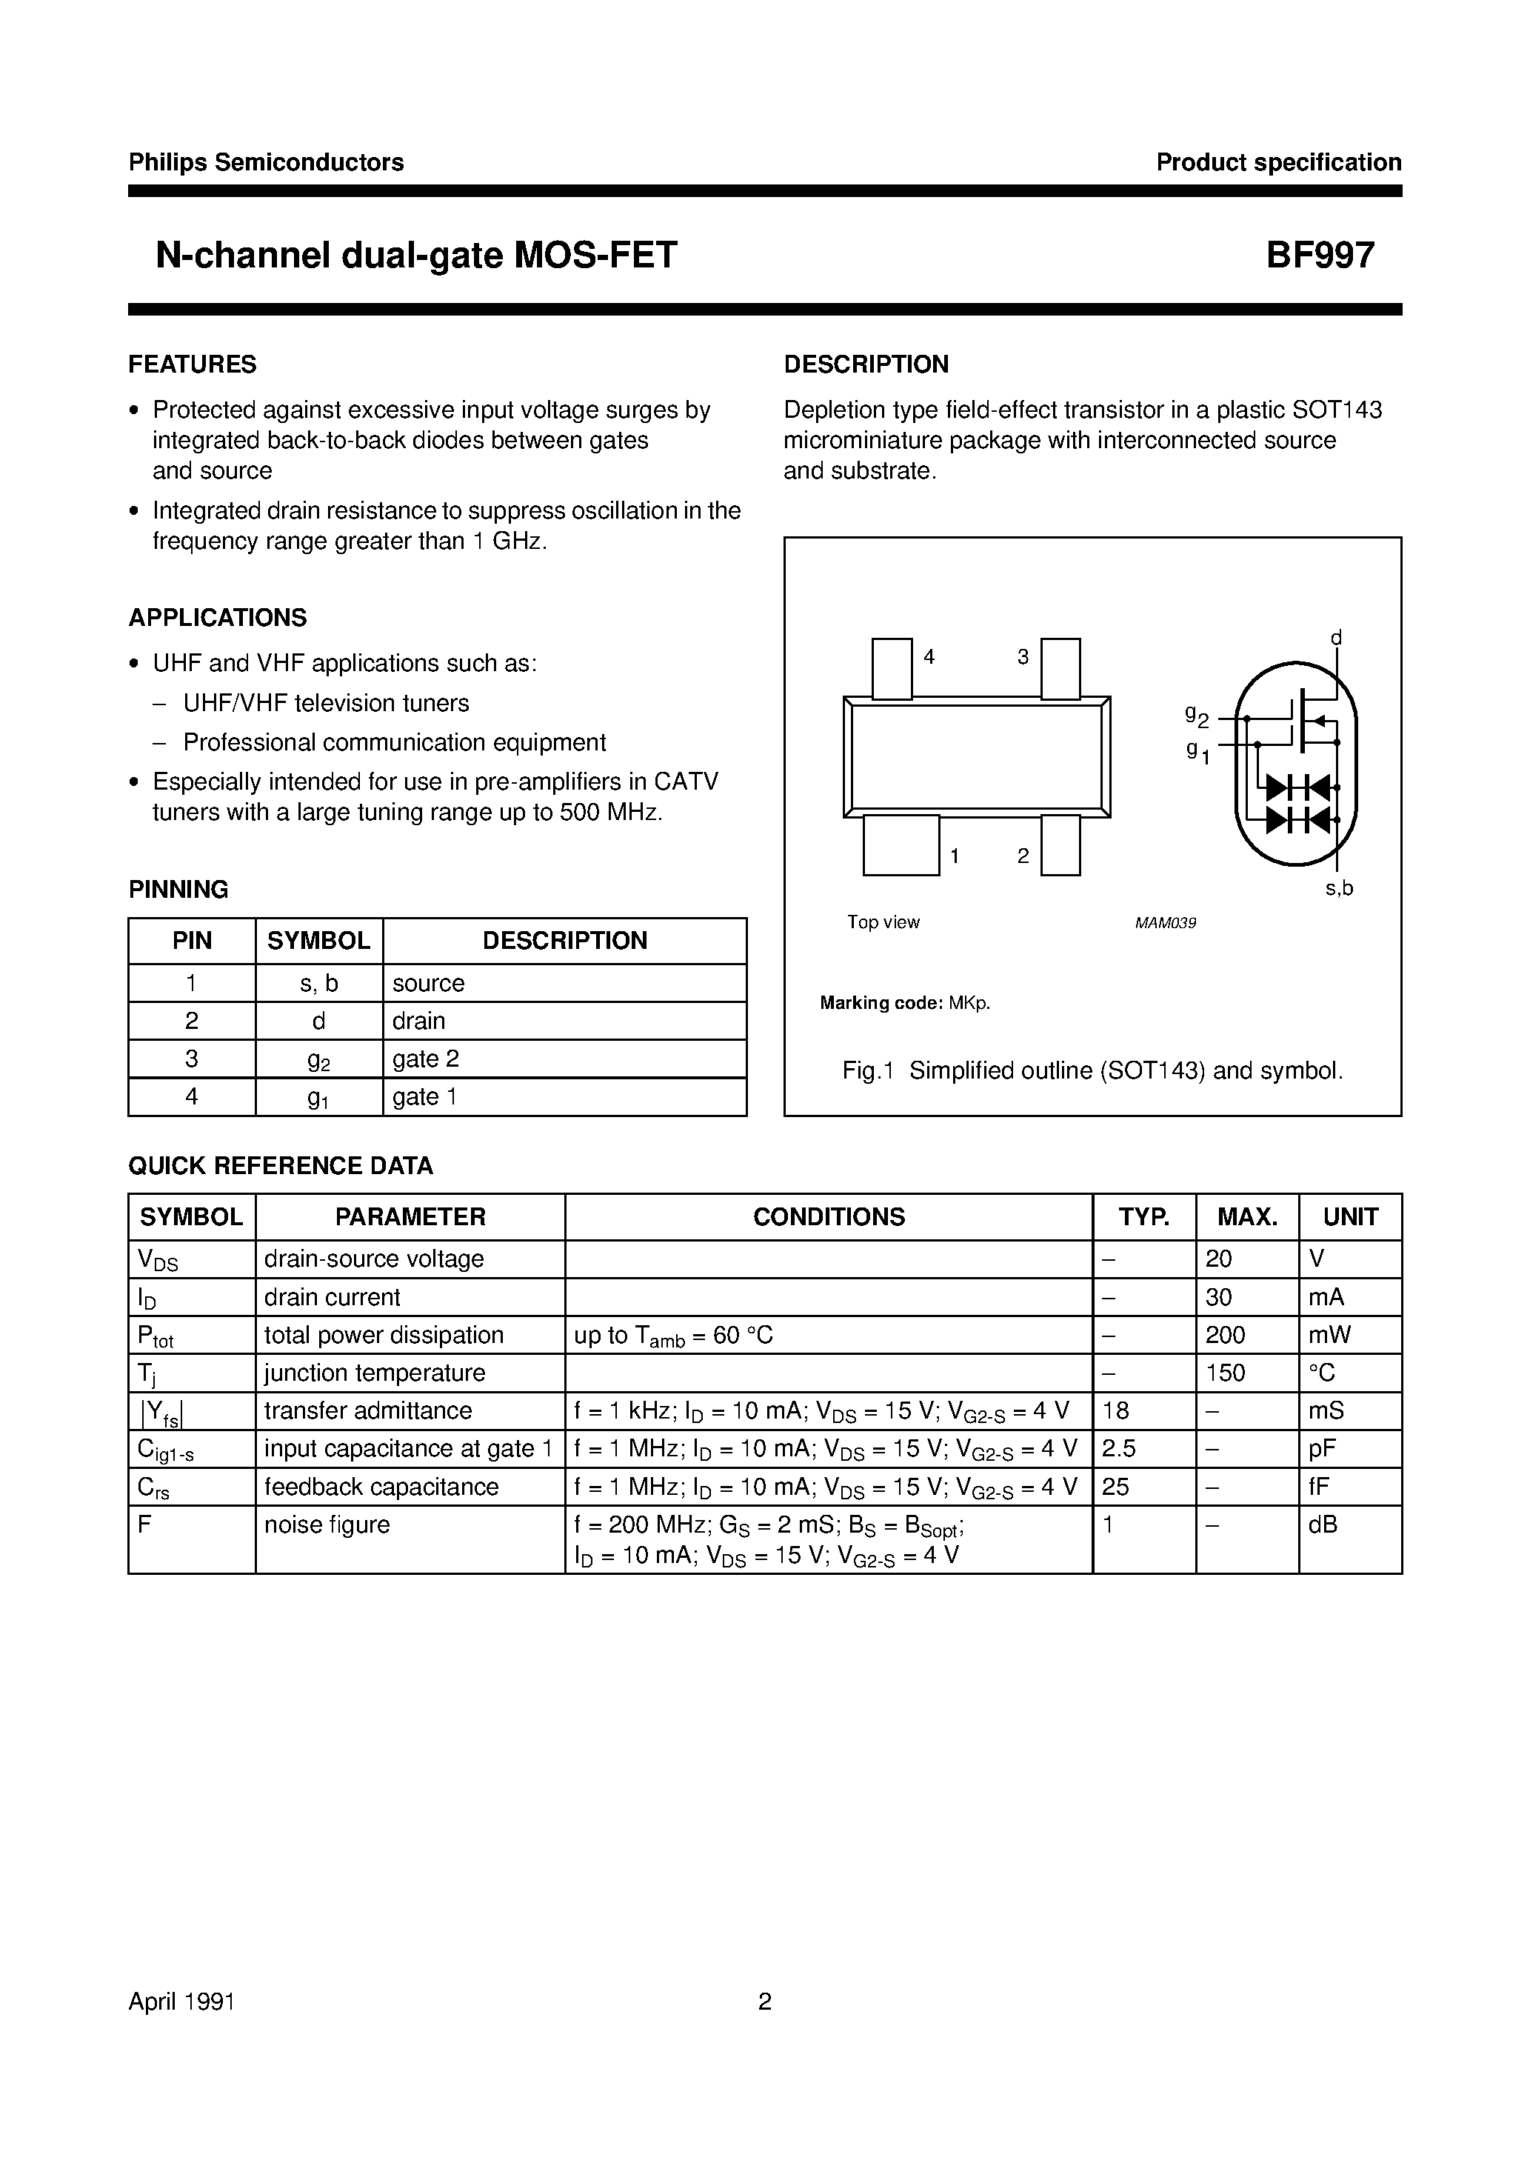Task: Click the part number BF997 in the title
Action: click(x=1320, y=256)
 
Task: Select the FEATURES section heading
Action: click(x=193, y=364)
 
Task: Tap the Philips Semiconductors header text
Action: click(x=266, y=162)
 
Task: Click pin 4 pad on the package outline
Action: click(x=892, y=668)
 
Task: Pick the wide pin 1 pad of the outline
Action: click(x=901, y=845)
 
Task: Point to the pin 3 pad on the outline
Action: click(x=1060, y=668)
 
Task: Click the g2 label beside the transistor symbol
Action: click(x=1196, y=716)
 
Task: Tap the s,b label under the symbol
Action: click(x=1338, y=887)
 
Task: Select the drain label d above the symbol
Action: click(x=1336, y=639)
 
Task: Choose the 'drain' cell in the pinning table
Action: click(x=419, y=1021)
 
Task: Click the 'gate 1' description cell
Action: click(x=424, y=1096)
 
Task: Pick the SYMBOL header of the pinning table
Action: click(x=319, y=941)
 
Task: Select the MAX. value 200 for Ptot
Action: click(x=1226, y=1335)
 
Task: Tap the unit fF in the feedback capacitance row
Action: click(x=1319, y=1487)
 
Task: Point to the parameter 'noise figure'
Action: click(x=327, y=1524)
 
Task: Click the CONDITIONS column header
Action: click(x=828, y=1217)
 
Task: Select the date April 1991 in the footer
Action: click(x=182, y=2001)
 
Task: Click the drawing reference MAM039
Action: click(x=1165, y=923)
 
